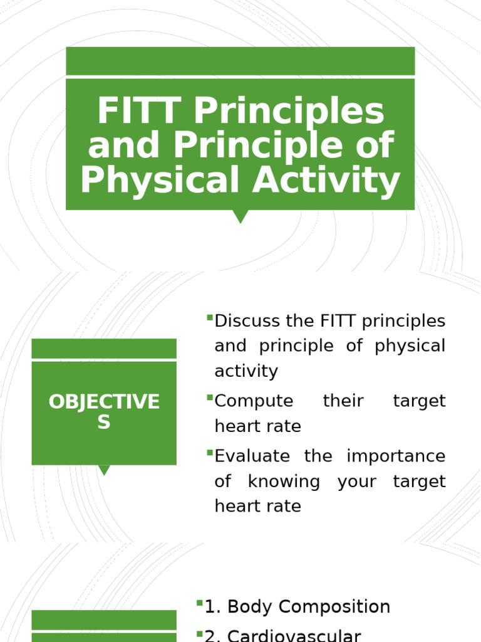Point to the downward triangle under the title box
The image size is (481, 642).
pyautogui.click(x=240, y=216)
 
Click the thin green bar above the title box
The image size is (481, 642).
pyautogui.click(x=240, y=61)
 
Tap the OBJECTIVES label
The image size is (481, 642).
pyautogui.click(x=104, y=411)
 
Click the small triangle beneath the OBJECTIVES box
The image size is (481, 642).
pyautogui.click(x=104, y=470)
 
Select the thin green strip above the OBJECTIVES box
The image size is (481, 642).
pyautogui.click(x=104, y=348)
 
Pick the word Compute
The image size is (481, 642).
pyautogui.click(x=245, y=401)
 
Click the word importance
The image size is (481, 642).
pyautogui.click(x=396, y=456)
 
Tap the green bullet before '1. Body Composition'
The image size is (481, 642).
pyautogui.click(x=199, y=603)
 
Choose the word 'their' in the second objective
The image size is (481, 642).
pyautogui.click(x=343, y=401)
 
